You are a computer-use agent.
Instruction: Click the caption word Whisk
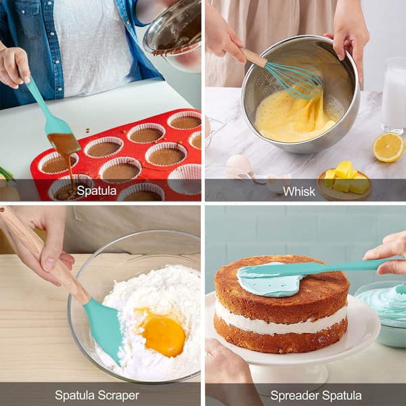pyautogui.click(x=299, y=191)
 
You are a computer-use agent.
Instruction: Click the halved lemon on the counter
pyautogui.click(x=388, y=148)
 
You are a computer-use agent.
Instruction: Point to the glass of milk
pyautogui.click(x=394, y=95)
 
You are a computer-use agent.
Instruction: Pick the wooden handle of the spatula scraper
pyautogui.click(x=44, y=257)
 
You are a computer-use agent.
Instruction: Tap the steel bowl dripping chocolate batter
pyautogui.click(x=173, y=34)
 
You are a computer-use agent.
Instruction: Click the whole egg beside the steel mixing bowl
pyautogui.click(x=238, y=165)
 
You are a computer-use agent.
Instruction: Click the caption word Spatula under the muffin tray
pyautogui.click(x=97, y=191)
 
